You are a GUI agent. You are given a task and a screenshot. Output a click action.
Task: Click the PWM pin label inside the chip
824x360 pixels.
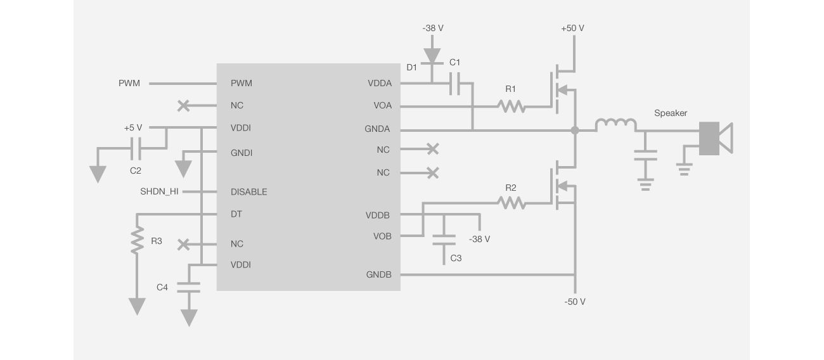click(x=241, y=83)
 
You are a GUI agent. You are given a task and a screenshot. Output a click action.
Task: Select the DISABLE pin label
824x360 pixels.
click(x=248, y=192)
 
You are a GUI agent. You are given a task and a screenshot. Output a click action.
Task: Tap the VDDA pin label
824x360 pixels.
click(x=379, y=83)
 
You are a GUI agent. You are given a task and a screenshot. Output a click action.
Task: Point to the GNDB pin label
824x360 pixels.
click(x=378, y=275)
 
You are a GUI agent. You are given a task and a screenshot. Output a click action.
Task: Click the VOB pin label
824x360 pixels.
click(x=382, y=236)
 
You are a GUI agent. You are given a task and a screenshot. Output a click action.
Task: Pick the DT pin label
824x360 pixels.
click(x=236, y=214)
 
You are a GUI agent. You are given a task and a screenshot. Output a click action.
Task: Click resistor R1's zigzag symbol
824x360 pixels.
click(x=512, y=106)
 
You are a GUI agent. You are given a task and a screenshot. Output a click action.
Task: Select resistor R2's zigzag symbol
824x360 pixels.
click(x=512, y=203)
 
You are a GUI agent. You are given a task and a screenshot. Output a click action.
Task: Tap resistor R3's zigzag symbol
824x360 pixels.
click(x=136, y=241)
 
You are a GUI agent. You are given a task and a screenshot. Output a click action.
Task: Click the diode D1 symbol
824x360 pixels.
click(x=432, y=56)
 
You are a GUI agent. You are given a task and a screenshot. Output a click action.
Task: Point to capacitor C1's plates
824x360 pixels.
click(x=454, y=83)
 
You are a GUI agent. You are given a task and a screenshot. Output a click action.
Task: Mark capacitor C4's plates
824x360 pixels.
click(x=188, y=287)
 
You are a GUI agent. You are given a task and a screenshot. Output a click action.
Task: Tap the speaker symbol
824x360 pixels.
click(x=715, y=138)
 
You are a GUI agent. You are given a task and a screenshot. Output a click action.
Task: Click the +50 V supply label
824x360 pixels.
click(x=572, y=29)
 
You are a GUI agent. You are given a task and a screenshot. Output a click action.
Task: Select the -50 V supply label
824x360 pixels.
click(x=574, y=302)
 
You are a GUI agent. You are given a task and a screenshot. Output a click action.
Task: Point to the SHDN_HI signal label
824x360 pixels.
click(x=159, y=192)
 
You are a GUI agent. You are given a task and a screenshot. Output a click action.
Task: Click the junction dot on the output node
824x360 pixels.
click(x=574, y=131)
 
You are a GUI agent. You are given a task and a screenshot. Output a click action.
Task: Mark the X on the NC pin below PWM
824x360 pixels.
click(x=184, y=106)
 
